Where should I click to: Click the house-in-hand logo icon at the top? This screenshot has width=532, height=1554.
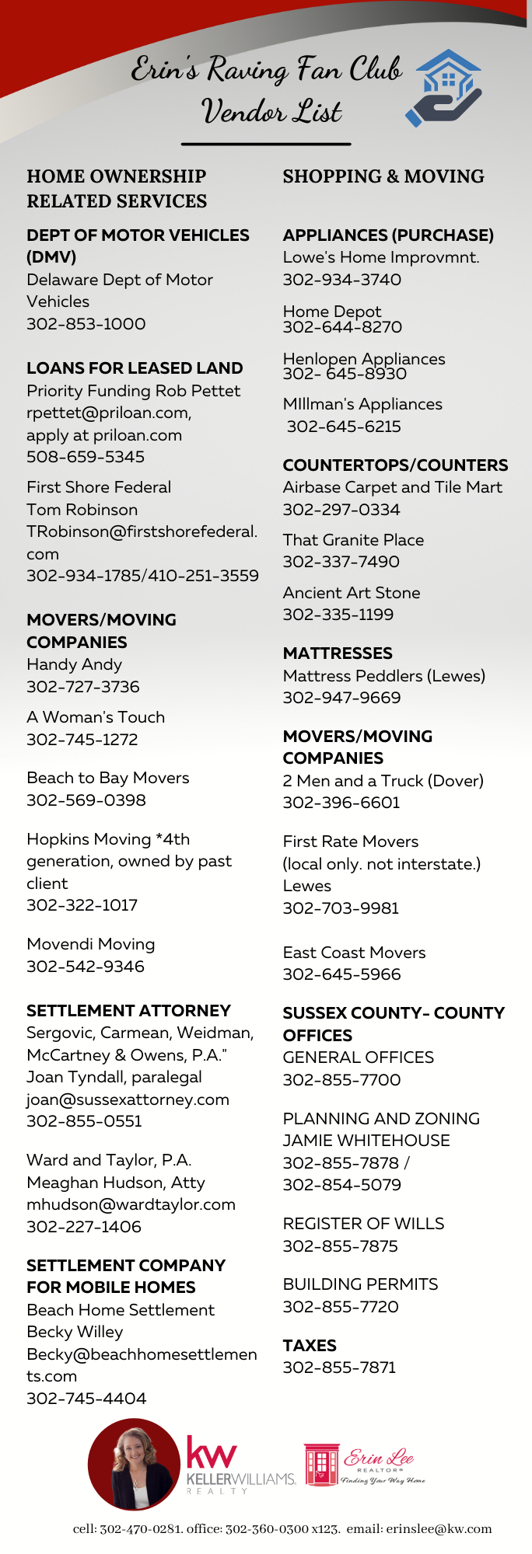444,88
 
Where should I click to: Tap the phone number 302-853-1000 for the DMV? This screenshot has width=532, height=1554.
86,324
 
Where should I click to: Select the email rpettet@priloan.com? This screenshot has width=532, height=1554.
109,413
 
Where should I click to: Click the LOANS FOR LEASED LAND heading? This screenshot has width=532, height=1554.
135,368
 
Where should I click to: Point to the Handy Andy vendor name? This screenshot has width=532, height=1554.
74,664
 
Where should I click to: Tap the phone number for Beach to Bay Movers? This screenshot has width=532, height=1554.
86,800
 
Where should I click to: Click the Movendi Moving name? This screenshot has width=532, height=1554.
91,944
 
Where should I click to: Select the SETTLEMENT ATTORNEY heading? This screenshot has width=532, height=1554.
128,1011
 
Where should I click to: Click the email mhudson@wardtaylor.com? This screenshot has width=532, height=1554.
131,1204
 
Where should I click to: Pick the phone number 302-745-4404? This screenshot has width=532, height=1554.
86,1399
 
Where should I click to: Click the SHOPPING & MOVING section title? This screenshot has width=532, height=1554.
383,176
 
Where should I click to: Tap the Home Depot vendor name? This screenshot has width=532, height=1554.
332,312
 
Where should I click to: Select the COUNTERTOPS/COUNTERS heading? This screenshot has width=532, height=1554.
395,465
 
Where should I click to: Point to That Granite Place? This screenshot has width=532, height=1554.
353,540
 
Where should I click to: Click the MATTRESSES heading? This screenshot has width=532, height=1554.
338,653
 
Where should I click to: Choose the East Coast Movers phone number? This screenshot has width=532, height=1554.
341,974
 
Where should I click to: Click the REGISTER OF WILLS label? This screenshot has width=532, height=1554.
363,1224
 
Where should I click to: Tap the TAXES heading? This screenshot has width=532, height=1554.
310,1346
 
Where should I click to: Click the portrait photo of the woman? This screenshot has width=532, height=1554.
135,1464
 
